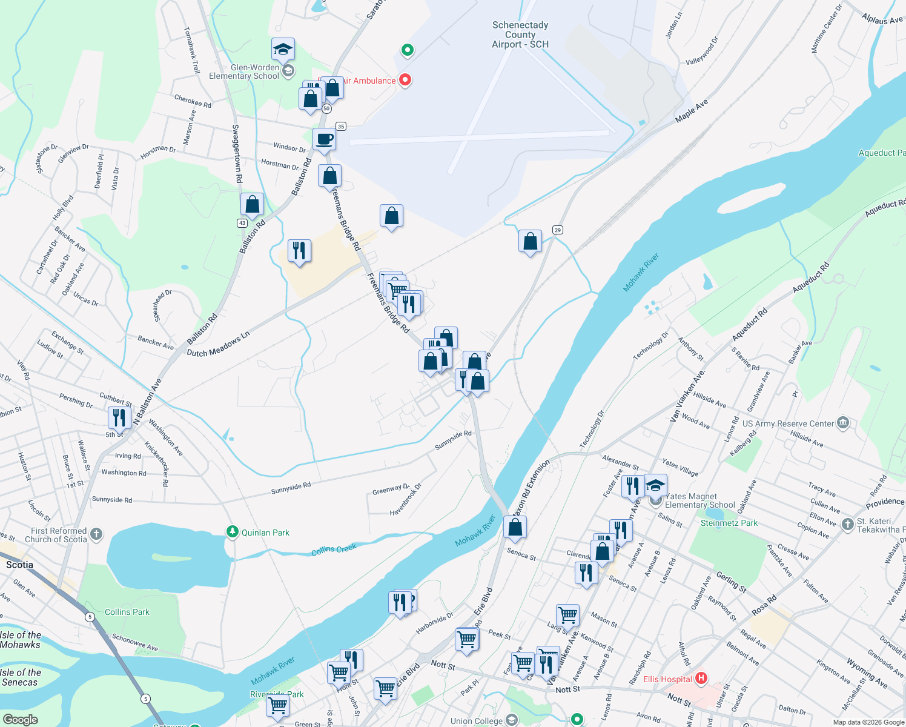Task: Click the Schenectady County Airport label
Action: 520,35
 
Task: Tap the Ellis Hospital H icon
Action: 701,678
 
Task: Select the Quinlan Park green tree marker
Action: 232,532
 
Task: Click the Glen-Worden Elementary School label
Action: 244,71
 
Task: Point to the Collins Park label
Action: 127,612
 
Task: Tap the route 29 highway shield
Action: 558,230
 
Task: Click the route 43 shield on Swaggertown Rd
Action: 242,223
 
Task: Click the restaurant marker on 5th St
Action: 119,418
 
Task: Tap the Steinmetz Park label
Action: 729,523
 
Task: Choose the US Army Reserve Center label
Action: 788,423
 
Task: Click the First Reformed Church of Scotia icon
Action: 96,534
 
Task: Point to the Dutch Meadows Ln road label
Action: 218,344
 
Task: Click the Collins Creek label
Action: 334,549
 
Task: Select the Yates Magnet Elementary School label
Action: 699,500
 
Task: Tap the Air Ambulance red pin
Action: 405,79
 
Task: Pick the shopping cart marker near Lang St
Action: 568,615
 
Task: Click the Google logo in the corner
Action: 20,719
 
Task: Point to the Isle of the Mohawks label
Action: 21,640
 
